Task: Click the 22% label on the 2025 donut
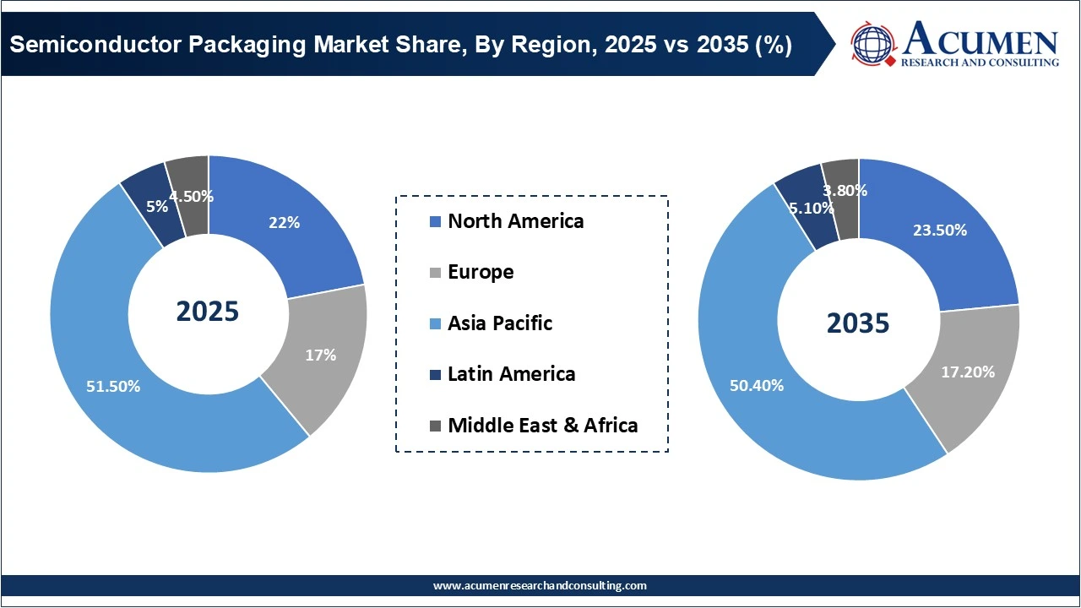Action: click(285, 222)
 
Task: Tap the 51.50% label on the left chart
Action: click(113, 386)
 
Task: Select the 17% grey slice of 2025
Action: click(320, 356)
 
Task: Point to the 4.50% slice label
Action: click(191, 197)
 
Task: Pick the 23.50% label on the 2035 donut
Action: click(940, 230)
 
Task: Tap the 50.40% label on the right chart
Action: click(757, 386)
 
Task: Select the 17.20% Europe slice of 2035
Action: click(967, 372)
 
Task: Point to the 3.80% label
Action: click(845, 190)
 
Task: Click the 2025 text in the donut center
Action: click(208, 311)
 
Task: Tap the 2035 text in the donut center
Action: click(858, 323)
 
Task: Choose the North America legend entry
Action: click(515, 221)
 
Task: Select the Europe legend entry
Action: click(481, 272)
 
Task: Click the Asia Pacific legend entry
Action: click(500, 323)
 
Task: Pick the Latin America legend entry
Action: click(511, 374)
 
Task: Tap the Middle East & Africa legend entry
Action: click(542, 426)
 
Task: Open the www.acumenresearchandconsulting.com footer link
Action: click(540, 585)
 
